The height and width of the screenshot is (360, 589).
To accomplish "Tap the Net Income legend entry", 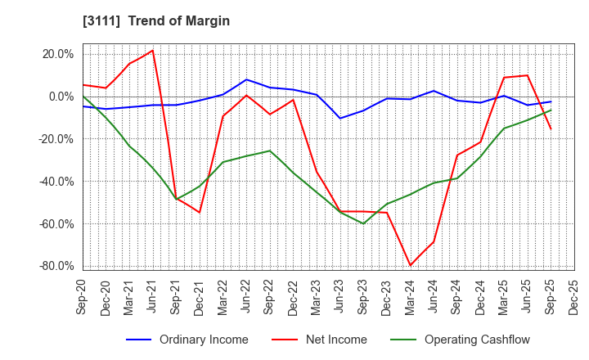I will (x=336, y=340).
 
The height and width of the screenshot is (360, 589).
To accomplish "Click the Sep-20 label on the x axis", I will (x=83, y=297).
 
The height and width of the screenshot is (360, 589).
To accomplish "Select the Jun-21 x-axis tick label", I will (x=153, y=297).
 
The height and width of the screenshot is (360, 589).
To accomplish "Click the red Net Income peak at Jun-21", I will (x=152, y=51).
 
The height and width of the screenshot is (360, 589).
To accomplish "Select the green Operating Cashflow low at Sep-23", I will (x=363, y=223).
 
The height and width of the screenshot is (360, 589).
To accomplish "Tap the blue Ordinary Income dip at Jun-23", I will (x=340, y=119).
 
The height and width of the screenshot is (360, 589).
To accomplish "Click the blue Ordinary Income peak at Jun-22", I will (x=246, y=79).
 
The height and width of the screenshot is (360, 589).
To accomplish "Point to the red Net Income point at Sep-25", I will (x=551, y=128).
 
